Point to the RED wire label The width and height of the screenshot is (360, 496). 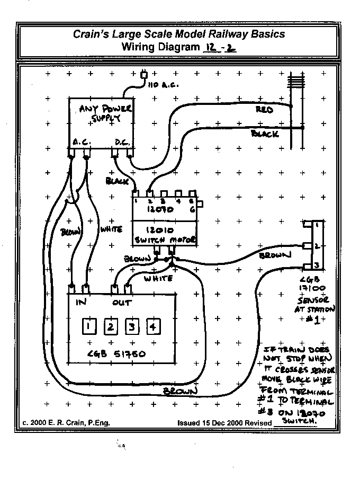(x=264, y=110)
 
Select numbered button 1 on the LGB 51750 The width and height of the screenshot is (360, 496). (x=91, y=326)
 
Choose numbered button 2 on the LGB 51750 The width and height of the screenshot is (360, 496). (x=111, y=326)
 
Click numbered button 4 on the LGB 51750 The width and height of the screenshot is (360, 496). (x=152, y=326)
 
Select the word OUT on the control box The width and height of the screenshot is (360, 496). (x=122, y=303)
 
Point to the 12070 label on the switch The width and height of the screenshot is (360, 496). (x=165, y=210)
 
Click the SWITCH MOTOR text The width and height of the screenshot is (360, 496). (x=165, y=240)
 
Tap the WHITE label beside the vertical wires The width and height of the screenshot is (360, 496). (x=111, y=229)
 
